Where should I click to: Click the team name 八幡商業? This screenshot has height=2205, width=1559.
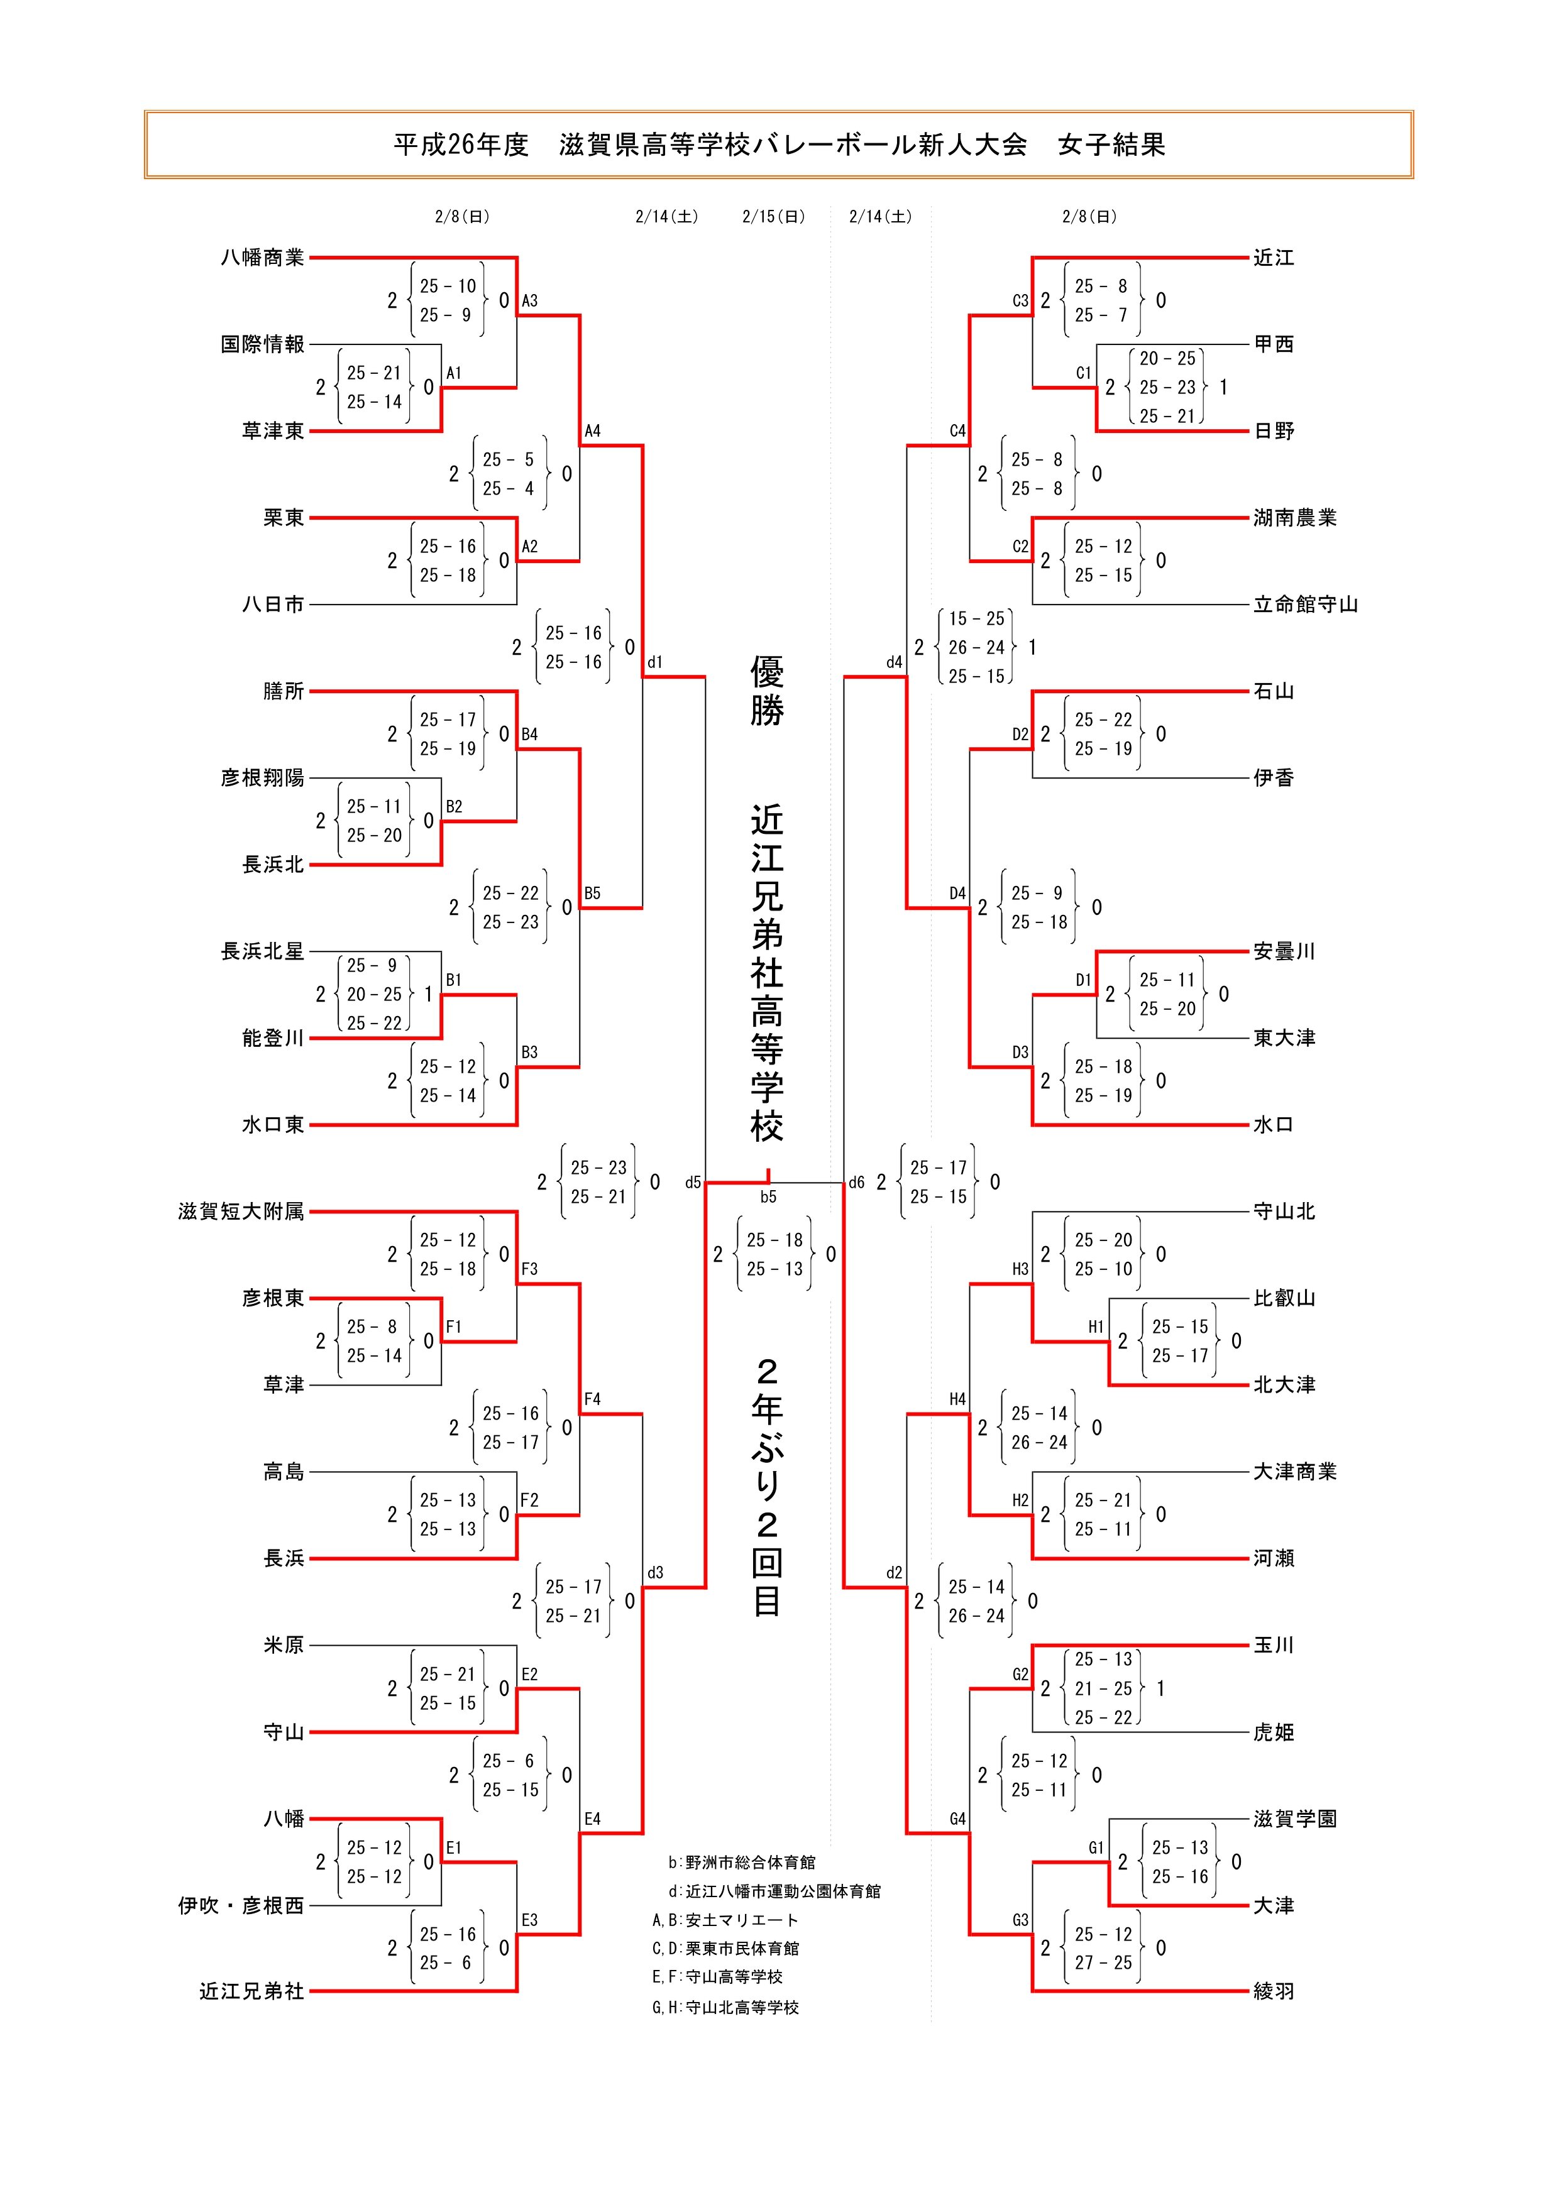[x=262, y=258]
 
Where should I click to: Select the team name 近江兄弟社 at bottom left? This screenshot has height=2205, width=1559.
[x=251, y=1992]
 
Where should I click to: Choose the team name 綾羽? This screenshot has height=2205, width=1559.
[x=1274, y=1992]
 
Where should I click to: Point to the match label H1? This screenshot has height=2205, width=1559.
[x=1096, y=1327]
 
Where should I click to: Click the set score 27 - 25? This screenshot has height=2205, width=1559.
[x=1103, y=1963]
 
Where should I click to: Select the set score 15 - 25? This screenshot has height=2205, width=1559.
[x=976, y=618]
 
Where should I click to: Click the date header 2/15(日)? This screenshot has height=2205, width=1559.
[x=773, y=217]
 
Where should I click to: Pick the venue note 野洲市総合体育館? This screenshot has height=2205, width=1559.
[x=750, y=1862]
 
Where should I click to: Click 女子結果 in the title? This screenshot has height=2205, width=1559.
[x=1111, y=145]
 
